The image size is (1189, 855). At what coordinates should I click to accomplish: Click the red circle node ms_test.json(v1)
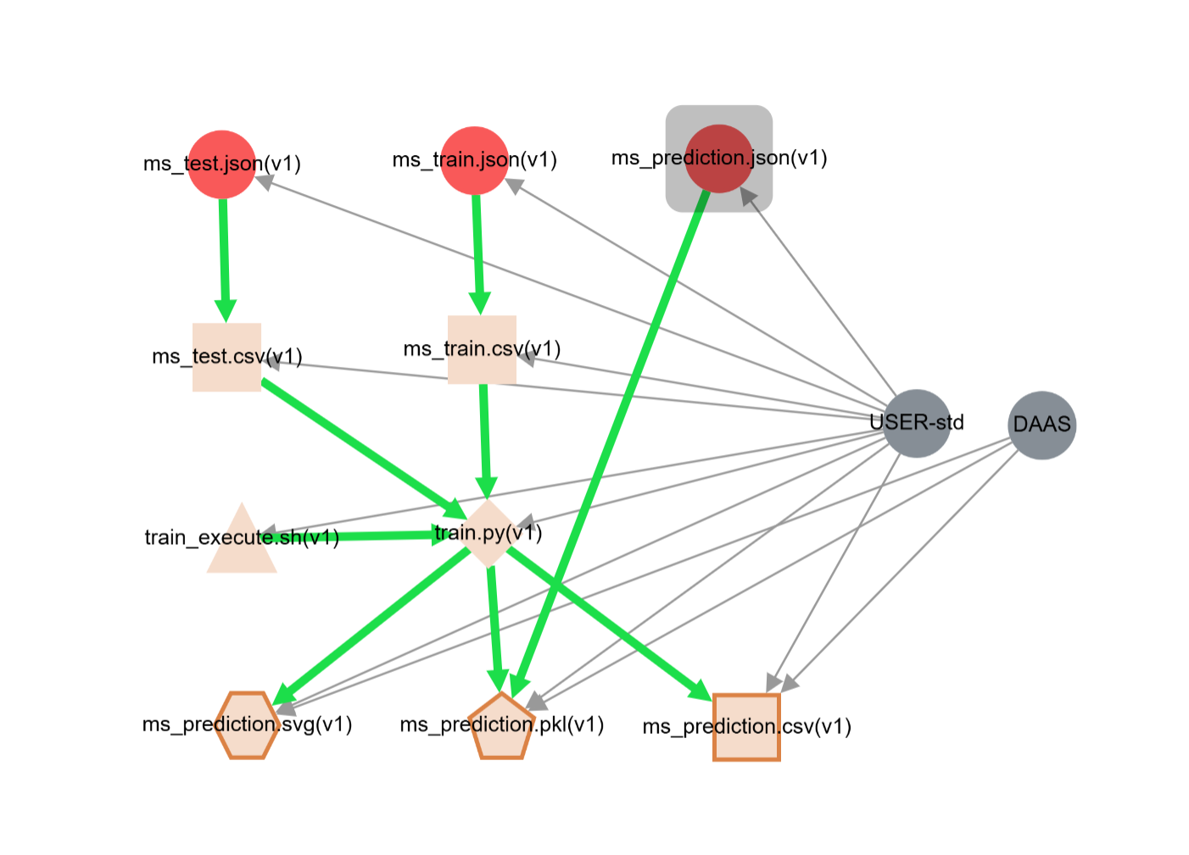tap(221, 164)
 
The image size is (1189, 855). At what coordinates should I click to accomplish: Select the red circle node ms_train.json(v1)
tap(475, 160)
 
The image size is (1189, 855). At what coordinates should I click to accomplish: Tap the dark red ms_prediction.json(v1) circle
tap(718, 158)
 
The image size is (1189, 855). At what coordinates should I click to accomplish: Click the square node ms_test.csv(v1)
tap(226, 357)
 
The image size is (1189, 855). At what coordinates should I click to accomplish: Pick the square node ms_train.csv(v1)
tap(482, 349)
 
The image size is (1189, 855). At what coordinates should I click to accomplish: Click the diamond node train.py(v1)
tap(488, 533)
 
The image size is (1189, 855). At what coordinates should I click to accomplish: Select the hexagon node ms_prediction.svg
tap(247, 725)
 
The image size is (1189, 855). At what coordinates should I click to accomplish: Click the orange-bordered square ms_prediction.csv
tap(746, 727)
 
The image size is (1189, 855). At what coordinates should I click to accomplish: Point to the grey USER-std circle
tap(916, 423)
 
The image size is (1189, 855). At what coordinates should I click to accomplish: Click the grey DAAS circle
tap(1041, 425)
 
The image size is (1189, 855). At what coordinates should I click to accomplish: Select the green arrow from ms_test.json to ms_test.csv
tap(224, 254)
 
